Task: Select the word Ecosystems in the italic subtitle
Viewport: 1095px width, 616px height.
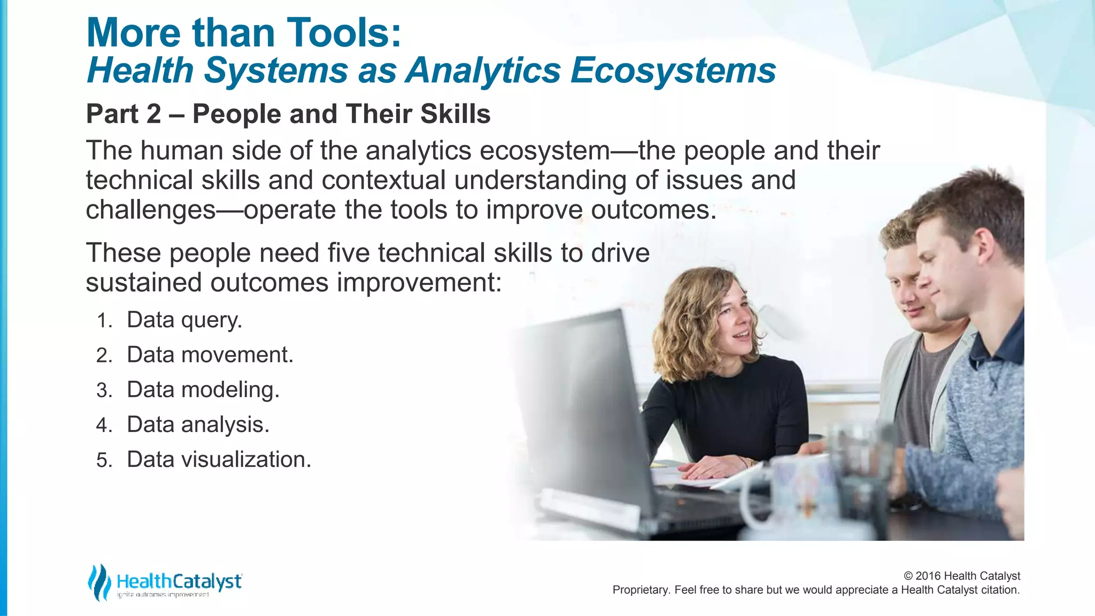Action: (x=673, y=71)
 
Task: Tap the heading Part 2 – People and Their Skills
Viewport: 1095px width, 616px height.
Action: (x=288, y=114)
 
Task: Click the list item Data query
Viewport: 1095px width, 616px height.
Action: (x=184, y=320)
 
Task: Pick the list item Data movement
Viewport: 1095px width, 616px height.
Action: (x=210, y=355)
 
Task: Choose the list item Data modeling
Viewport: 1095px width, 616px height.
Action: (x=203, y=390)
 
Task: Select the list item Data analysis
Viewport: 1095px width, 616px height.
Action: (x=198, y=425)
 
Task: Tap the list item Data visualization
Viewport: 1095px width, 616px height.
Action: (x=219, y=460)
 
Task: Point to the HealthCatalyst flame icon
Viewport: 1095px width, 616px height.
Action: (x=99, y=582)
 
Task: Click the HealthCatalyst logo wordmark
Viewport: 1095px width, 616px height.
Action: (x=179, y=581)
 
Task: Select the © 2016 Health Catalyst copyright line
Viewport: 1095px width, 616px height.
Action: (x=961, y=576)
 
